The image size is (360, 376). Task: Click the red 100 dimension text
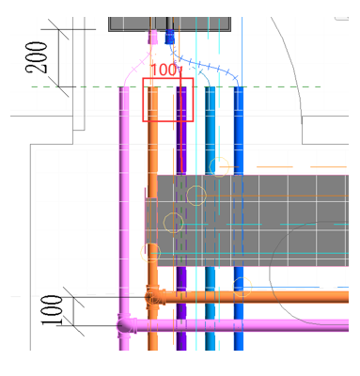point(164,70)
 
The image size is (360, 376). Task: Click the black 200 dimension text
point(37,57)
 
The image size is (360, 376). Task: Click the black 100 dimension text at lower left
point(52,310)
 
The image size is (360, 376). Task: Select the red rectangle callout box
point(168,78)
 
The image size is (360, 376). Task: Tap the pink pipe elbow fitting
point(126,325)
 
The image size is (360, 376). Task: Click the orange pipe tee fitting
point(155,297)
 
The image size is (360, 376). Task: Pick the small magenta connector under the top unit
point(152,37)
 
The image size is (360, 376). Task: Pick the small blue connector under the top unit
point(169,37)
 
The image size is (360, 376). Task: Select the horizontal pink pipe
point(243,325)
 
